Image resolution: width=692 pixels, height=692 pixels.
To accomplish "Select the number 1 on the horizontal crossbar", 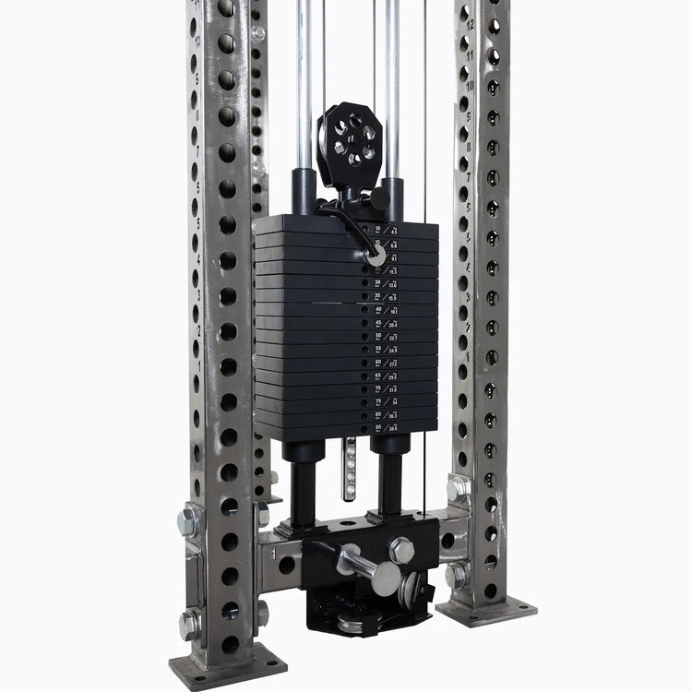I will (x=274, y=551).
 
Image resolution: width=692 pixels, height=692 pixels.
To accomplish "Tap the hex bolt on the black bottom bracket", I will (x=401, y=549).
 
